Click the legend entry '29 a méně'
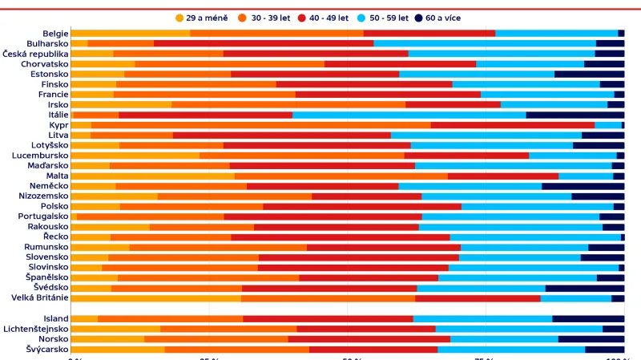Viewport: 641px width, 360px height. pos(201,18)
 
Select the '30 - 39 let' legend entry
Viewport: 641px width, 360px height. pos(270,18)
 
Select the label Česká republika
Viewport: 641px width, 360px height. pos(35,54)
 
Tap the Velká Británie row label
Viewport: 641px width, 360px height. pos(40,297)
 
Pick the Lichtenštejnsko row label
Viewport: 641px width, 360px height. pos(36,329)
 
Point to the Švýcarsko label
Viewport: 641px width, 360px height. pos(47,349)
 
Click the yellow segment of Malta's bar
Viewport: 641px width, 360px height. pos(152,176)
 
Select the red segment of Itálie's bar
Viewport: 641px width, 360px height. pos(206,115)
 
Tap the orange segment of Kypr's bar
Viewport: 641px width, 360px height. pos(261,125)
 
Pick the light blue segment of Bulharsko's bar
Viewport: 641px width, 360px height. pos(485,43)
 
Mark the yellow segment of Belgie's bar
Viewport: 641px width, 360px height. pos(131,33)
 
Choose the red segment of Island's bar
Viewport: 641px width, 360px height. pos(329,318)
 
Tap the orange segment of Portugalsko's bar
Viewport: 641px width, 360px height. pos(151,216)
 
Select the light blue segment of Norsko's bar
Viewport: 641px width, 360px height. pos(504,339)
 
